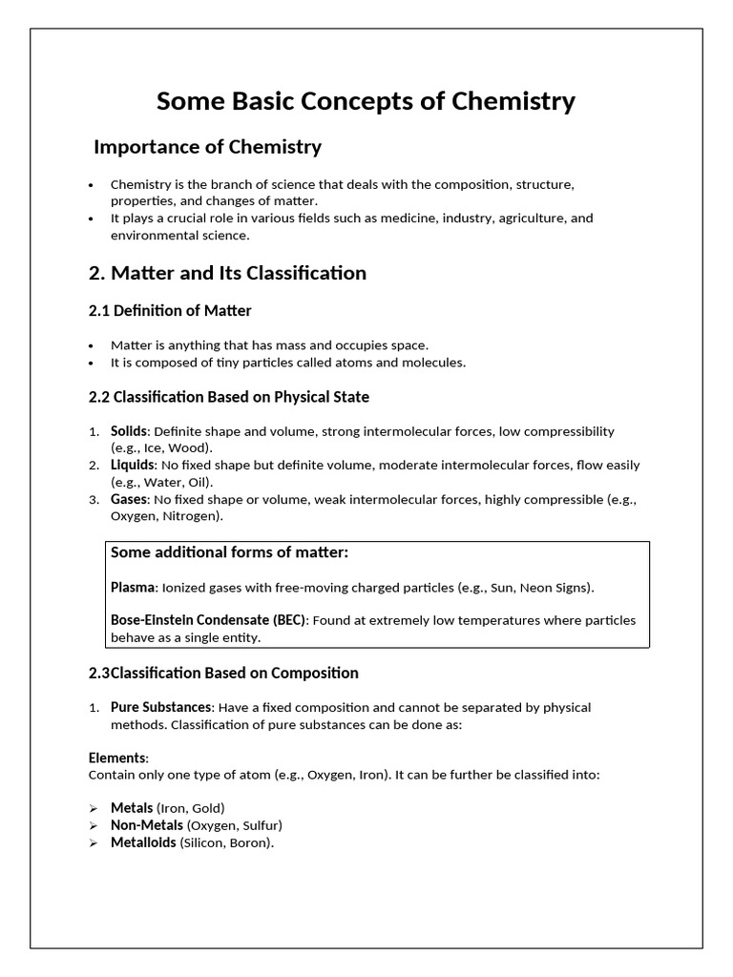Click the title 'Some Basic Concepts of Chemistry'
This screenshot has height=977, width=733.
coord(366,101)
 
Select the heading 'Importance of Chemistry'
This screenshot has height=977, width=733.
coord(207,147)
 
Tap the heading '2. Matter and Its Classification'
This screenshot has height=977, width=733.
coord(227,273)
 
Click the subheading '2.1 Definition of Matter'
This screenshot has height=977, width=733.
coord(170,311)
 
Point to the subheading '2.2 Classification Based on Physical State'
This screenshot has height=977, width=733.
coord(228,396)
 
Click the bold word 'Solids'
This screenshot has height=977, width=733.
coord(129,431)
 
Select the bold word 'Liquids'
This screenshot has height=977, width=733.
coord(132,466)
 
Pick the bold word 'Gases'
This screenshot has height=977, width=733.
coord(129,500)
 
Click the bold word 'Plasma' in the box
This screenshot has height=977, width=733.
coord(132,587)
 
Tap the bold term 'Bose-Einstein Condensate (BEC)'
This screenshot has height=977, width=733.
coord(208,620)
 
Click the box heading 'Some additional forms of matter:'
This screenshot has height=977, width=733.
coord(229,552)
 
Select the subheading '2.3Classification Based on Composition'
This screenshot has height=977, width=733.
coord(223,673)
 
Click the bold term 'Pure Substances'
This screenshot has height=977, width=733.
coord(160,708)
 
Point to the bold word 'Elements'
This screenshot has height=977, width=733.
coord(117,759)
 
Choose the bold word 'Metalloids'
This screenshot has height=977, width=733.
coord(143,842)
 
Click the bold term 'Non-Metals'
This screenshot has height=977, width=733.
coord(146,825)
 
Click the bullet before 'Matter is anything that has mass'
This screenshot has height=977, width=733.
coord(91,345)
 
